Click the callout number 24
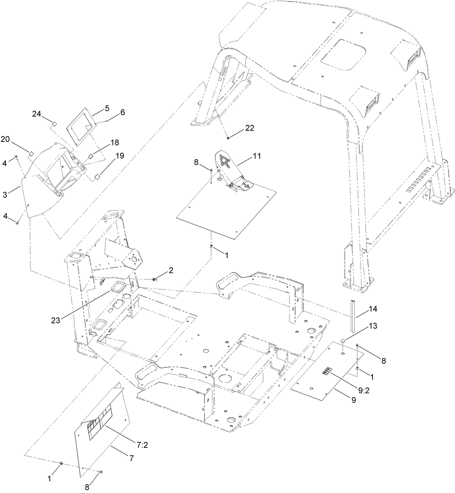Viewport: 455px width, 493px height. pyautogui.click(x=37, y=114)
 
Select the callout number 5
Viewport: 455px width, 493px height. pyautogui.click(x=107, y=108)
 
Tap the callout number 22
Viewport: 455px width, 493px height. pyautogui.click(x=250, y=128)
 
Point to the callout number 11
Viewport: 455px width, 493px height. pyautogui.click(x=257, y=156)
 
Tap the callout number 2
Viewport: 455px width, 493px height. pyautogui.click(x=170, y=270)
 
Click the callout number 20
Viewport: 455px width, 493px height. pyautogui.click(x=5, y=139)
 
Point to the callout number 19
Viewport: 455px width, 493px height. pyautogui.click(x=119, y=156)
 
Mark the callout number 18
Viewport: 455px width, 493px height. pyautogui.click(x=115, y=143)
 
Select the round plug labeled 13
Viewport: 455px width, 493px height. pyautogui.click(x=342, y=341)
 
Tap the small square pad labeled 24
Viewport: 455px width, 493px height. pyautogui.click(x=55, y=124)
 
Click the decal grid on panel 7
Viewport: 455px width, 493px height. pyautogui.click(x=98, y=422)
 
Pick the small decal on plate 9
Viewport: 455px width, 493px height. pyautogui.click(x=327, y=371)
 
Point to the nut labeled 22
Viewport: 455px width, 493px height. pyautogui.click(x=228, y=137)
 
